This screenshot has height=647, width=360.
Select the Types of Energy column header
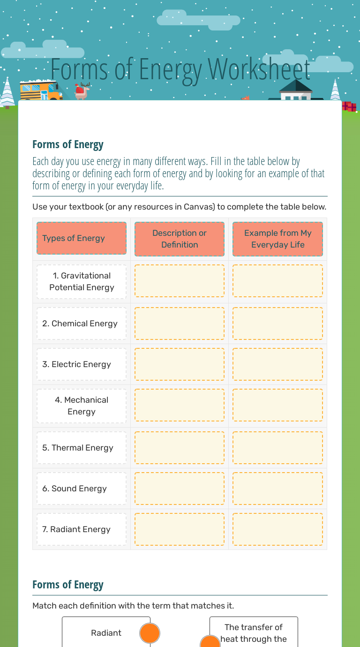click(x=82, y=238)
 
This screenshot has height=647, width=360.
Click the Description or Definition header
click(x=180, y=239)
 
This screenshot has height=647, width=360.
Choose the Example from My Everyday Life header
click(x=277, y=239)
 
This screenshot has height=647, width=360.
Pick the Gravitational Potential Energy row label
click(x=82, y=282)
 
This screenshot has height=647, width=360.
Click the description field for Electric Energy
click(x=180, y=364)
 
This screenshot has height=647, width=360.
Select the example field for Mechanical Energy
click(x=277, y=405)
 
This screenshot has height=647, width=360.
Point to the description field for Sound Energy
click(x=180, y=489)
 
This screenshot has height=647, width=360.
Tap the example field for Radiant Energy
click(x=277, y=529)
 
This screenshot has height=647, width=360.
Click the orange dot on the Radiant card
click(x=150, y=633)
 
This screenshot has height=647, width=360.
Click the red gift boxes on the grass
click(x=349, y=106)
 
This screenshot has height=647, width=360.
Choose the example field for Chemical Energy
click(x=277, y=323)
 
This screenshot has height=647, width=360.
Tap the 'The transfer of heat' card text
click(x=254, y=632)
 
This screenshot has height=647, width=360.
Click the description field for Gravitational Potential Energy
click(x=180, y=281)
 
